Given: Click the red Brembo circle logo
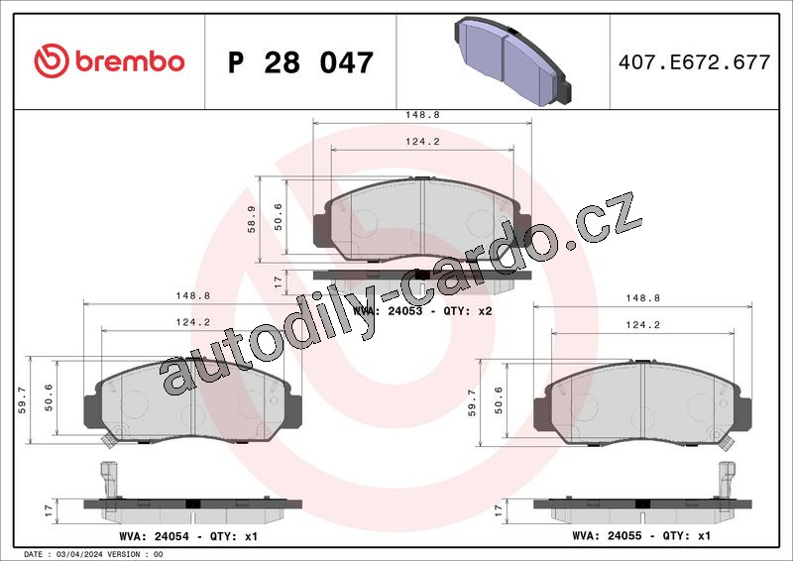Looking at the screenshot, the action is coord(52,60).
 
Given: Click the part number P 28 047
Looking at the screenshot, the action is coord(300,62).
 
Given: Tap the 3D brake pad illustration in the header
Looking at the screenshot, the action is coord(512,60).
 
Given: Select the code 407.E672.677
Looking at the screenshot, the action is coord(694,62).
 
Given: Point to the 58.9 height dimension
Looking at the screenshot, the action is coord(251,219).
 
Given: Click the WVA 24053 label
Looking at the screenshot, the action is coord(388,310).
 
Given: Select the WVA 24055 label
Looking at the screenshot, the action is coord(607,535).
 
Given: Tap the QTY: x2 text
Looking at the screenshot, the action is coord(467,310).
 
